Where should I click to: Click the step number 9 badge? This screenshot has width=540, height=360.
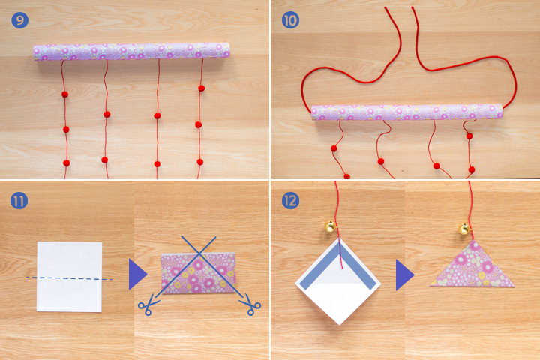[19, 20]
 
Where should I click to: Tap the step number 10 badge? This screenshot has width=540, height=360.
[290, 20]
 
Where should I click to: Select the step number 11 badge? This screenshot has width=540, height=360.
[19, 201]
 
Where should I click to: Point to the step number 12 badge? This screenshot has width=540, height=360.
[290, 201]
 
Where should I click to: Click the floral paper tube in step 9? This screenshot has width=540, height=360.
[131, 52]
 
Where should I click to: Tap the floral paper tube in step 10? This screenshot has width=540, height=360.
[406, 112]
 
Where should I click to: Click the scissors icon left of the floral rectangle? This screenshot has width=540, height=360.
[148, 304]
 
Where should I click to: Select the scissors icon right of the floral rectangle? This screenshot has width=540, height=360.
[250, 304]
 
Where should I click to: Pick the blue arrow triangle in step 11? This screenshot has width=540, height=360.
[137, 274]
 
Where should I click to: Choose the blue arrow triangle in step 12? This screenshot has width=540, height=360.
[404, 275]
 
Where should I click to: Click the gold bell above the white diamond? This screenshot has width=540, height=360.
[330, 226]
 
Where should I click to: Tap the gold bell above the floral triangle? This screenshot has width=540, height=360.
[464, 229]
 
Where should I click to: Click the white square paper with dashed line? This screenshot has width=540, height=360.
[69, 277]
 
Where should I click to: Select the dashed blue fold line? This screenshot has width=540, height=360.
[69, 278]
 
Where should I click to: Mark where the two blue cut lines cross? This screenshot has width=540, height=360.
[199, 253]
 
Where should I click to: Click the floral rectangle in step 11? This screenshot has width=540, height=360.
[198, 274]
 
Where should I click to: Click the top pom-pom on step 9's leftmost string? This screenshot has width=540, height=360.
[64, 94]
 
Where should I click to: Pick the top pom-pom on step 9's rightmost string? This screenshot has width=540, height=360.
[202, 88]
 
